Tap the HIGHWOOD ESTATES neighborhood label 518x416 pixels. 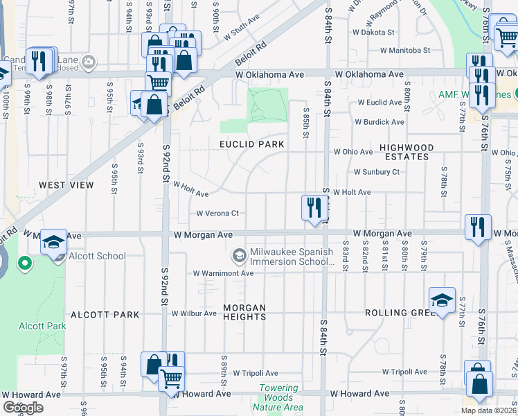coord(407,153)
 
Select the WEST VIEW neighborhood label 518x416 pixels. coord(66,185)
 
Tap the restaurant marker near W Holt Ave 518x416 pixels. coord(314,207)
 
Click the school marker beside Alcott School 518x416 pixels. coord(53,243)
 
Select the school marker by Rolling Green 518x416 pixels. coord(442,300)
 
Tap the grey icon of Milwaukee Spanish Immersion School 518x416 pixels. coord(239,257)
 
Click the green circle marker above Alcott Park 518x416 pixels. coord(24,263)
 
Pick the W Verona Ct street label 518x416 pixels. coord(217,214)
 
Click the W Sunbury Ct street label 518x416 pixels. coord(376,172)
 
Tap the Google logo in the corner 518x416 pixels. coord(23,408)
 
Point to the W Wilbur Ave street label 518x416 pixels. coord(194,313)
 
